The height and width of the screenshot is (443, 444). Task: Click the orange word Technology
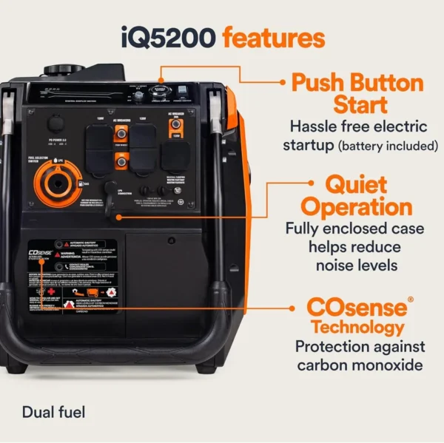point(357,328)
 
